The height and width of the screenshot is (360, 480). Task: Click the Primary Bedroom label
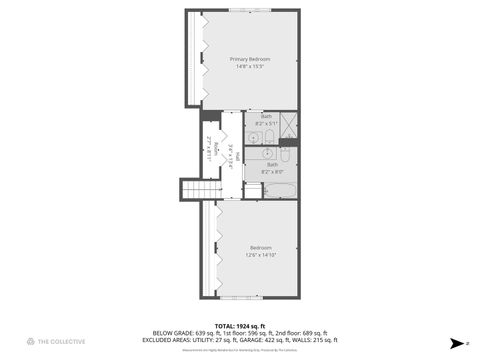pyautogui.click(x=250, y=59)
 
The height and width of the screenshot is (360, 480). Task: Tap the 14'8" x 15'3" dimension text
pyautogui.click(x=250, y=67)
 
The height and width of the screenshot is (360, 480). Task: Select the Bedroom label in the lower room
pyautogui.click(x=261, y=247)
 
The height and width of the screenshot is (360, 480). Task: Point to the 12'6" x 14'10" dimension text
pyautogui.click(x=261, y=255)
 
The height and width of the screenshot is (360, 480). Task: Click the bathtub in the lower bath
pyautogui.click(x=277, y=188)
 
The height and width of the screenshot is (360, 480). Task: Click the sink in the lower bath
pyautogui.click(x=253, y=154)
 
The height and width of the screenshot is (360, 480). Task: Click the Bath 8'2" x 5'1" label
pyautogui.click(x=267, y=119)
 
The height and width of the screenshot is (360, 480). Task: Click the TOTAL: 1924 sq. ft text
pyautogui.click(x=240, y=326)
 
